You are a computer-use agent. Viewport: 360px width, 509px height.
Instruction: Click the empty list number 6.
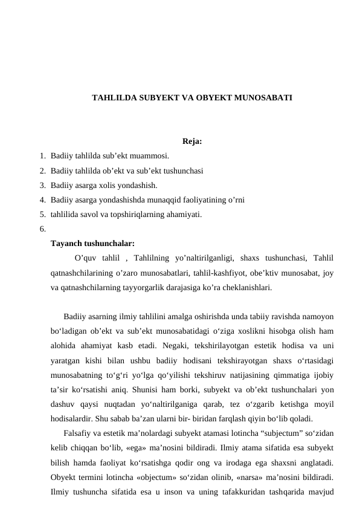[x=42, y=229]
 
